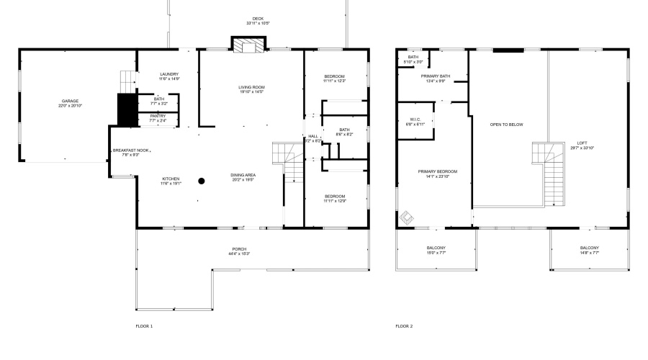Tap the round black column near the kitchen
tap(202, 181)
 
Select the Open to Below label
tap(506, 125)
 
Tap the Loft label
tap(581, 145)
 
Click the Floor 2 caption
tap(404, 326)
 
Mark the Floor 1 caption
tap(144, 326)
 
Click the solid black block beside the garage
tap(127, 109)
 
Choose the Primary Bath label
tap(436, 78)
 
